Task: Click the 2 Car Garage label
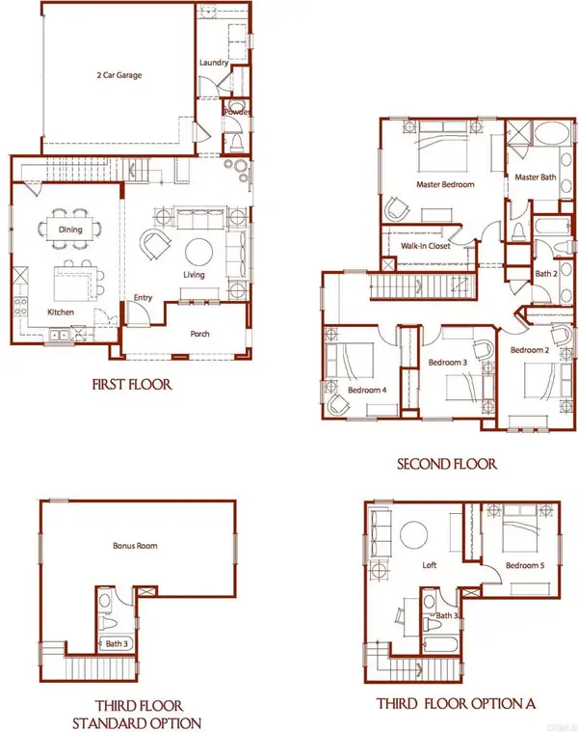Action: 119,74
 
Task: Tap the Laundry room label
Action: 214,63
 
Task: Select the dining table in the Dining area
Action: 70,230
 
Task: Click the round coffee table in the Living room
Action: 199,252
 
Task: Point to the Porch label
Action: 200,334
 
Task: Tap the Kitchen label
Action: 61,312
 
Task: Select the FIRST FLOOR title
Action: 132,385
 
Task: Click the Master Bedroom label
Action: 445,184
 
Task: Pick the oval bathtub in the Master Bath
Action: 552,133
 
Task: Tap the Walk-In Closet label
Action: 426,246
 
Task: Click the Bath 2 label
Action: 546,274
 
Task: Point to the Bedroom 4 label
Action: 367,390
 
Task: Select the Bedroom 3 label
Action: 448,363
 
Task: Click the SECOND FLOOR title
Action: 447,464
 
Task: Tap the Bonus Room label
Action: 135,545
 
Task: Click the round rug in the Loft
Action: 414,535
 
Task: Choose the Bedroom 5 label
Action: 525,565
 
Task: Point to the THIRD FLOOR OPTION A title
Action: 456,703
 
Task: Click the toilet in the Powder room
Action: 236,141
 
